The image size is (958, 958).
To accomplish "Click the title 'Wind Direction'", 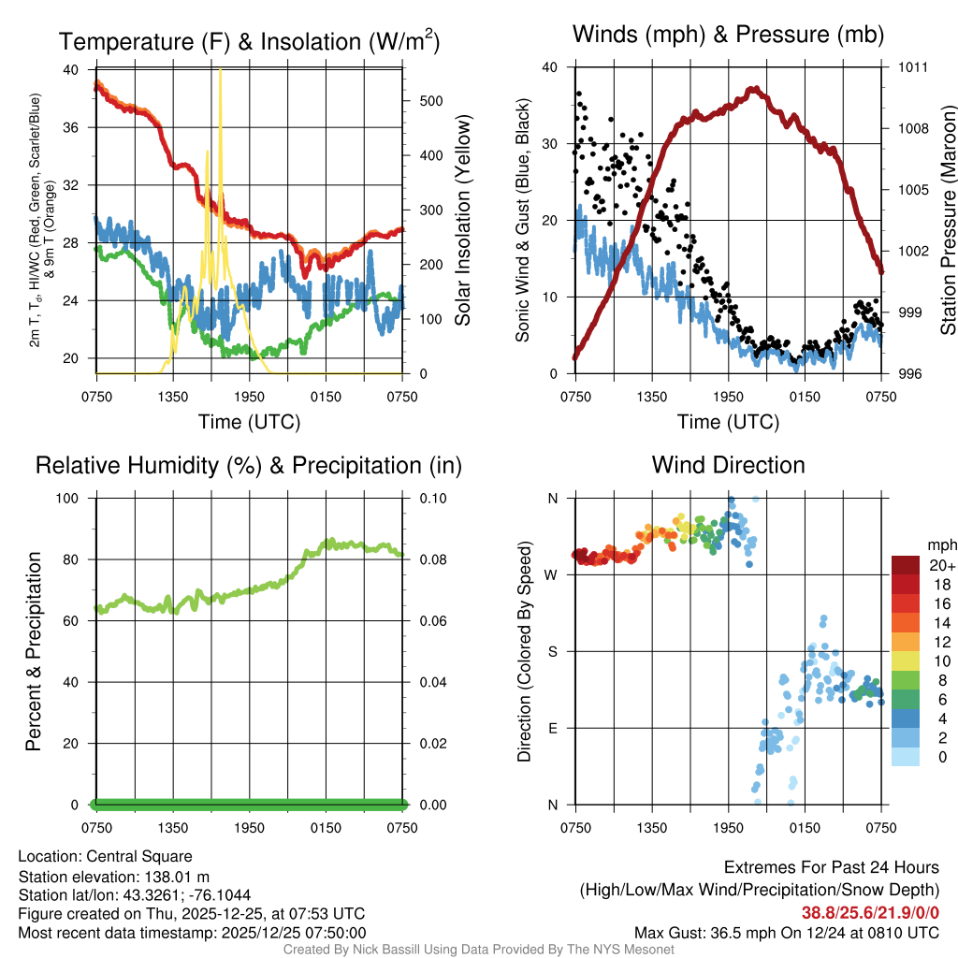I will point(728,465).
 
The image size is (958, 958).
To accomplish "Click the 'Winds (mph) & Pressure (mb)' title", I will point(728,36).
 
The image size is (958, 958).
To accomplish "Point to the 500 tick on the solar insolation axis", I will point(422,101).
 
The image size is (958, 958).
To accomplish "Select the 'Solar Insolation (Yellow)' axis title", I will point(462,221).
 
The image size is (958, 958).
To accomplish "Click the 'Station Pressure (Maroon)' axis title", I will point(948,221).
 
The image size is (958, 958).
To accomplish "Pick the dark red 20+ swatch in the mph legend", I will point(907,565).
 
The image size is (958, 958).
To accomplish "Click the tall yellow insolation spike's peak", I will point(221,70).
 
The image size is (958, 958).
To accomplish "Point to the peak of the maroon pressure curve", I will point(754,89).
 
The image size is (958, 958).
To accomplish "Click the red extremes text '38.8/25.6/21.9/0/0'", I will point(870,913).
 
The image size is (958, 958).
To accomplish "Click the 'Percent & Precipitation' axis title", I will point(33,651).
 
